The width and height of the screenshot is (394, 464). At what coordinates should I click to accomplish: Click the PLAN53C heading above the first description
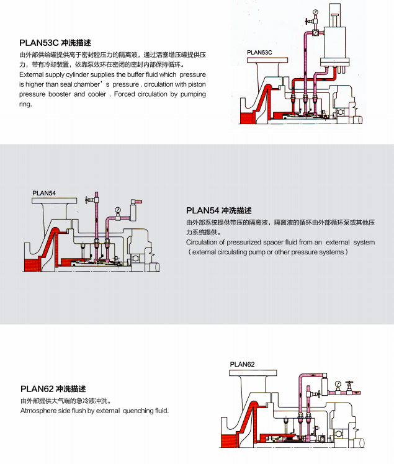click(x=39, y=43)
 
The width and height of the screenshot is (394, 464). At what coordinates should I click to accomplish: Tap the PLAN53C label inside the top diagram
click(x=260, y=53)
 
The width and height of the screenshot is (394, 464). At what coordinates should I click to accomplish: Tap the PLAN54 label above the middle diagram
click(x=44, y=193)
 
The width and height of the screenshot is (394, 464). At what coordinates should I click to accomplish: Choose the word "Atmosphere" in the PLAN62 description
click(x=39, y=411)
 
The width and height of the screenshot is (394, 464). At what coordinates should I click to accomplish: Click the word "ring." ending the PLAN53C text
click(x=25, y=104)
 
